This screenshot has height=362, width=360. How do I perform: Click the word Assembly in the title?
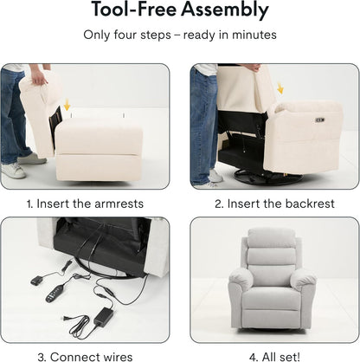coord(225,10)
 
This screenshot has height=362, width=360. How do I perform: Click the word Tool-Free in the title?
coord(134,9)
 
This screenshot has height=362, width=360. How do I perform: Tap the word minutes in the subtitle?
coord(254,35)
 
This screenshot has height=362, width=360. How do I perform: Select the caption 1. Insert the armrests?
coord(85,204)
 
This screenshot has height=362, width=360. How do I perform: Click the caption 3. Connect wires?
coord(85,357)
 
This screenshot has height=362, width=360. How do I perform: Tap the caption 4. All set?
coord(274,357)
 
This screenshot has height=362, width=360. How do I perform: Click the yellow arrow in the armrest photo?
coord(67,105)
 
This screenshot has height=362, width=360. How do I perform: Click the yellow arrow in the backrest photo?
coord(280,88)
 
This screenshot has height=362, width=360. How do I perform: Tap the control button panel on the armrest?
coord(320,120)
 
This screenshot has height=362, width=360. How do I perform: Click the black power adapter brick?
coord(104,317)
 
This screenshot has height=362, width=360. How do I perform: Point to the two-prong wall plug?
coord(67,319)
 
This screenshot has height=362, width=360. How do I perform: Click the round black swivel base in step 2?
coord(268,177)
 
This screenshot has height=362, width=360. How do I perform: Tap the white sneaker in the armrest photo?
coord(13,171)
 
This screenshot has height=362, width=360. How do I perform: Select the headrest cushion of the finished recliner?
coord(272,238)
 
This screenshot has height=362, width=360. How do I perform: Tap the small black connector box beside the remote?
coord(37,280)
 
